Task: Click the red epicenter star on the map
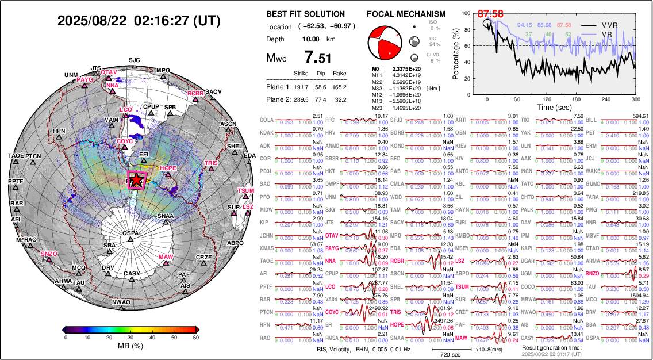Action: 137,180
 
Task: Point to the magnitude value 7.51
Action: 317,58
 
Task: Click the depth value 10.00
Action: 311,39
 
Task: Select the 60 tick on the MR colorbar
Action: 196,338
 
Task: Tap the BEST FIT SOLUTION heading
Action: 306,14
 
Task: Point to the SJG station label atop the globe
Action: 134,60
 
